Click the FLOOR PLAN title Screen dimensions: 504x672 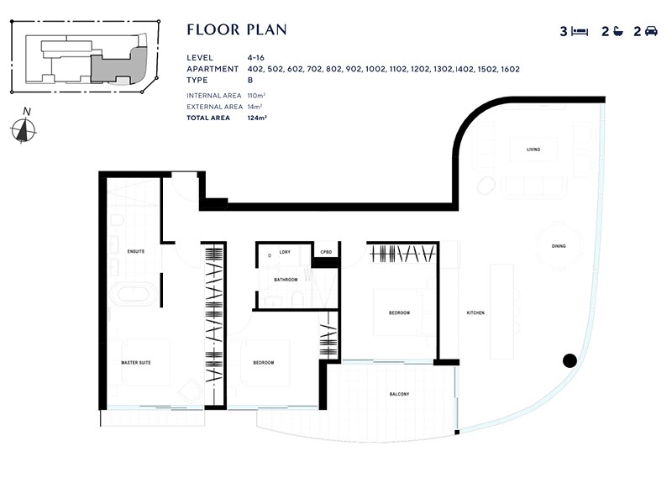coord(237,30)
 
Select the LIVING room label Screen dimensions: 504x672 coord(533,150)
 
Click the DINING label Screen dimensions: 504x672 coord(559,247)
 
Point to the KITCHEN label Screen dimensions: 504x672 coord(475,313)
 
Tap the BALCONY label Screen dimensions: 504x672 coord(398,394)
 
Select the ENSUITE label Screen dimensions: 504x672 coord(136,251)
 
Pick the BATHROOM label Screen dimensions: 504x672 coord(286,280)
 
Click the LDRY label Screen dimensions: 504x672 coord(285,252)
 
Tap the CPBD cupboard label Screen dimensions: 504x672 coord(325,252)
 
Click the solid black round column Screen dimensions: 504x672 coord(569,361)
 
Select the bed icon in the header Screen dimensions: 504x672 coord(580,32)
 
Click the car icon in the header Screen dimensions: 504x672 coord(651,32)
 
